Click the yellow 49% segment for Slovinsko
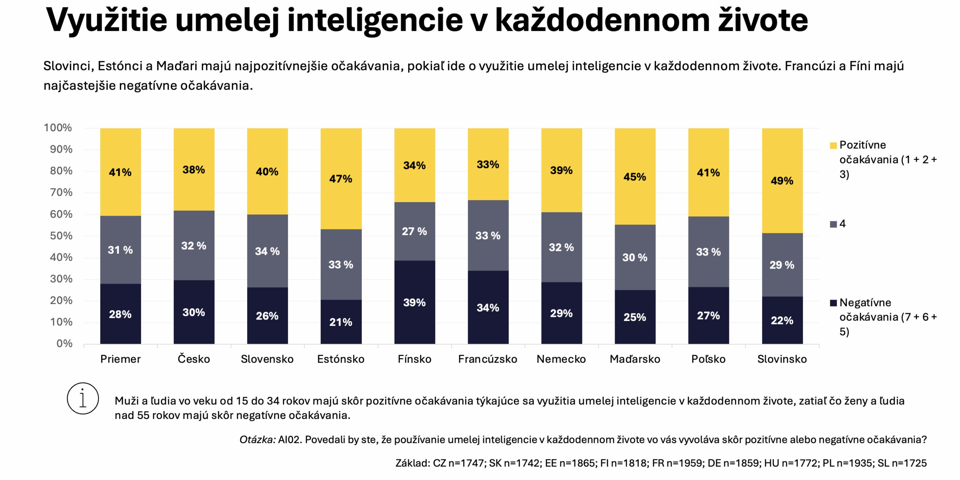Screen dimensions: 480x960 pyautogui.click(x=782, y=180)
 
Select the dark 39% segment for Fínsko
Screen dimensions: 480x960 pyautogui.click(x=414, y=302)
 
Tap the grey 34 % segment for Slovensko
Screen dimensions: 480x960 pyautogui.click(x=267, y=251)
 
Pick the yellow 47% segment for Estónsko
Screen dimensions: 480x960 pyautogui.click(x=340, y=178)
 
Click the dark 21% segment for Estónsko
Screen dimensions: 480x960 pyautogui.click(x=340, y=322)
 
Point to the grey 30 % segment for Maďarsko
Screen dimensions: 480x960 pyautogui.click(x=635, y=257)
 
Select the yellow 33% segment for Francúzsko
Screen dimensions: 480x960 pyautogui.click(x=488, y=164)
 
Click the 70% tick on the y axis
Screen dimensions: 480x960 pyautogui.click(x=61, y=192)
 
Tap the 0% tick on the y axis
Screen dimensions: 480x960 pyautogui.click(x=64, y=343)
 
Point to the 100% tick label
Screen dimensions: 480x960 pyautogui.click(x=58, y=127)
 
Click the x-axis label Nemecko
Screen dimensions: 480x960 pyautogui.click(x=561, y=359)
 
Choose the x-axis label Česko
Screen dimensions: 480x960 pyautogui.click(x=193, y=359)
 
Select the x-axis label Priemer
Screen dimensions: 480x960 pyautogui.click(x=120, y=359)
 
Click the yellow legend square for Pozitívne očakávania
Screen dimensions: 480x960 pyautogui.click(x=833, y=145)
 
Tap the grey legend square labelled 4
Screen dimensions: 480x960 pyautogui.click(x=833, y=224)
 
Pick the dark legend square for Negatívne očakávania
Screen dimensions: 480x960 pyautogui.click(x=833, y=303)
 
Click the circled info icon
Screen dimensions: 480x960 pyautogui.click(x=83, y=398)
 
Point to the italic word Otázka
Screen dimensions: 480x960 pyautogui.click(x=257, y=439)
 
